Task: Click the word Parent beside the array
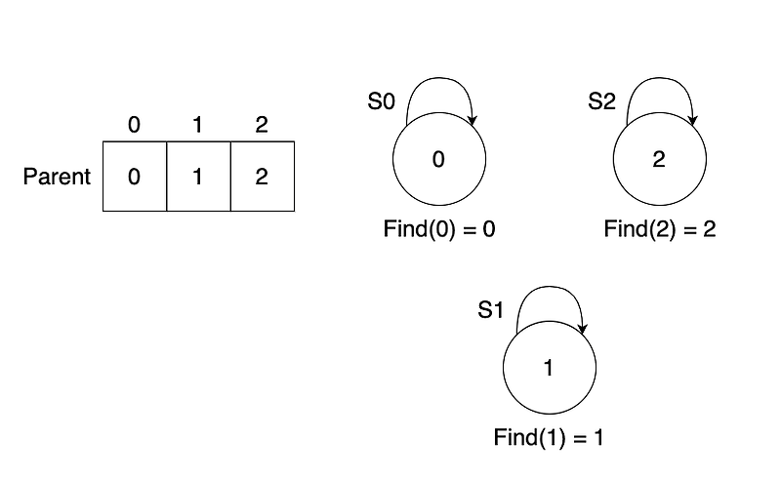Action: (x=57, y=177)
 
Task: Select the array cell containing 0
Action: (x=135, y=177)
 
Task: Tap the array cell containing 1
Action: (x=199, y=177)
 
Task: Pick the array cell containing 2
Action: (x=263, y=177)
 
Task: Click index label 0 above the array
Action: (x=134, y=125)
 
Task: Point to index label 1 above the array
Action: (x=198, y=125)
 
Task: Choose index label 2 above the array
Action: (x=262, y=125)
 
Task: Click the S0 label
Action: (x=381, y=101)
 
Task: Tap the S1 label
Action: (x=491, y=310)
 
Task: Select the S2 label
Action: (x=601, y=101)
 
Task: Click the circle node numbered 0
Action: (x=439, y=159)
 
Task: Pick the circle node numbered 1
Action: (x=550, y=368)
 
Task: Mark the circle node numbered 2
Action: (x=660, y=159)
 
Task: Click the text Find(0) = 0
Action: (x=439, y=229)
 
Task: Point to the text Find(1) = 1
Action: (x=549, y=438)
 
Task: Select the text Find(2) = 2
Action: (x=660, y=229)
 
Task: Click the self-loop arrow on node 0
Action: (x=438, y=78)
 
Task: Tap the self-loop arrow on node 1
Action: (x=549, y=286)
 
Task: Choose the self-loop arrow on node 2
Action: (x=660, y=78)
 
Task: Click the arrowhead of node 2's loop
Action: (x=692, y=121)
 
